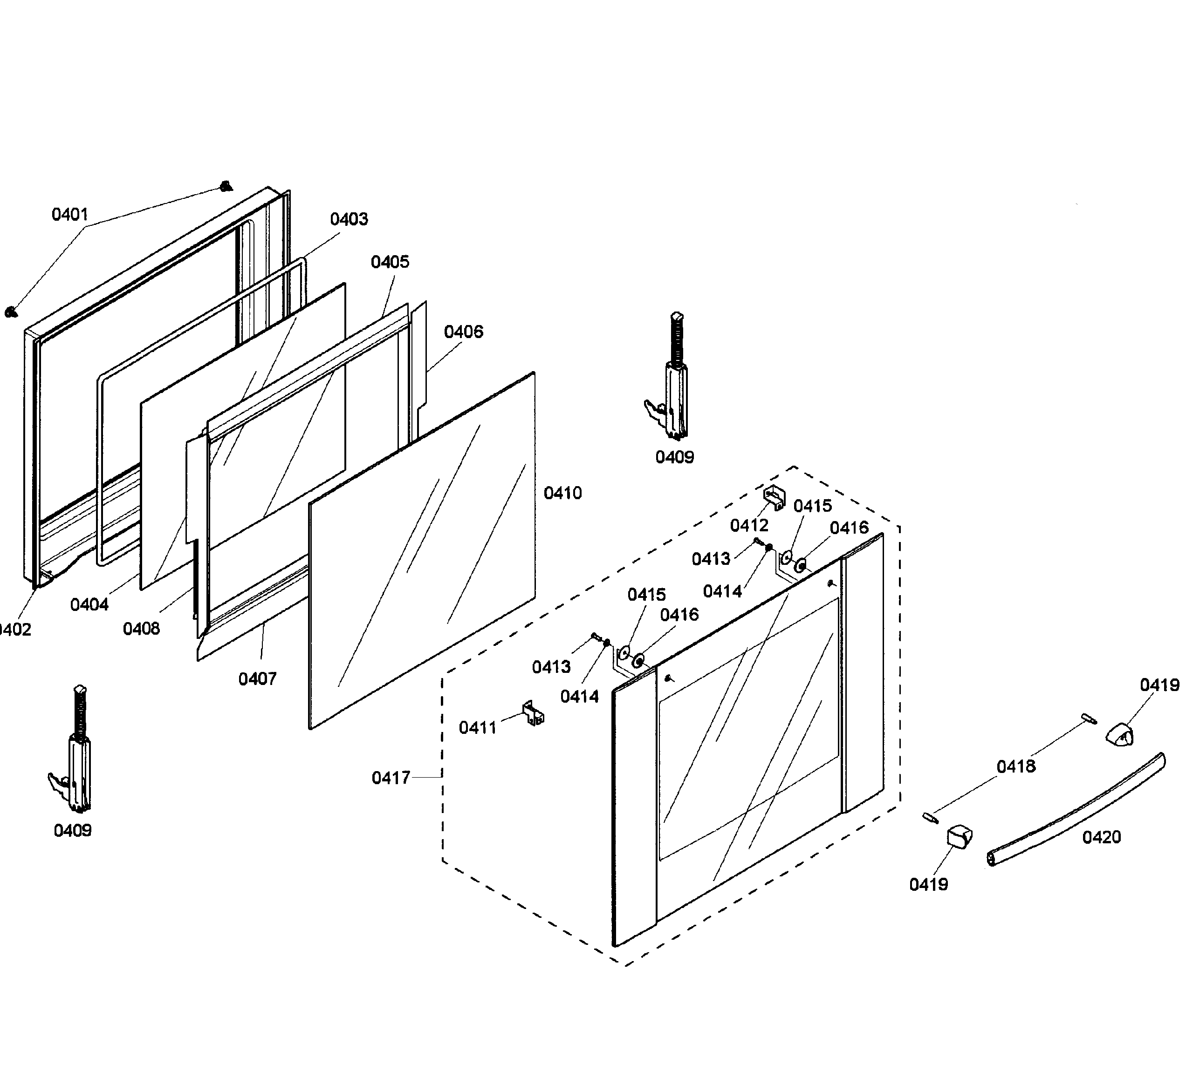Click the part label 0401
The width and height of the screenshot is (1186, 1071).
pyautogui.click(x=69, y=215)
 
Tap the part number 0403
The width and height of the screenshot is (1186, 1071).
pyautogui.click(x=349, y=219)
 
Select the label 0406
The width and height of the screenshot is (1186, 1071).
pyautogui.click(x=463, y=332)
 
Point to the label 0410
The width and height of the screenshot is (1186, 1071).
pyautogui.click(x=562, y=493)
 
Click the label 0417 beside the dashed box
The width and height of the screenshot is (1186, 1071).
pyautogui.click(x=391, y=778)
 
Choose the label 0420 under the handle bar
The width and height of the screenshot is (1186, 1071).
pyautogui.click(x=1101, y=837)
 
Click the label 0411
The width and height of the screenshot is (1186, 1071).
pyautogui.click(x=477, y=728)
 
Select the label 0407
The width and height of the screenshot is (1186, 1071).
pyautogui.click(x=257, y=679)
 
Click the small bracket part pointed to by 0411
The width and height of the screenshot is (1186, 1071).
pyautogui.click(x=534, y=713)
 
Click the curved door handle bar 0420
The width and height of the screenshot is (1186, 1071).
pyautogui.click(x=1076, y=811)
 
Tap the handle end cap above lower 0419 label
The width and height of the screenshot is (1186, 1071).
pyautogui.click(x=959, y=837)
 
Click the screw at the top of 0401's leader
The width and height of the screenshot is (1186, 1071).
pyautogui.click(x=225, y=187)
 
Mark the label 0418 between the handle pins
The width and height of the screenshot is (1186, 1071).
pyautogui.click(x=1016, y=766)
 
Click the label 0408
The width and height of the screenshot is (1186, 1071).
pyautogui.click(x=141, y=629)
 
